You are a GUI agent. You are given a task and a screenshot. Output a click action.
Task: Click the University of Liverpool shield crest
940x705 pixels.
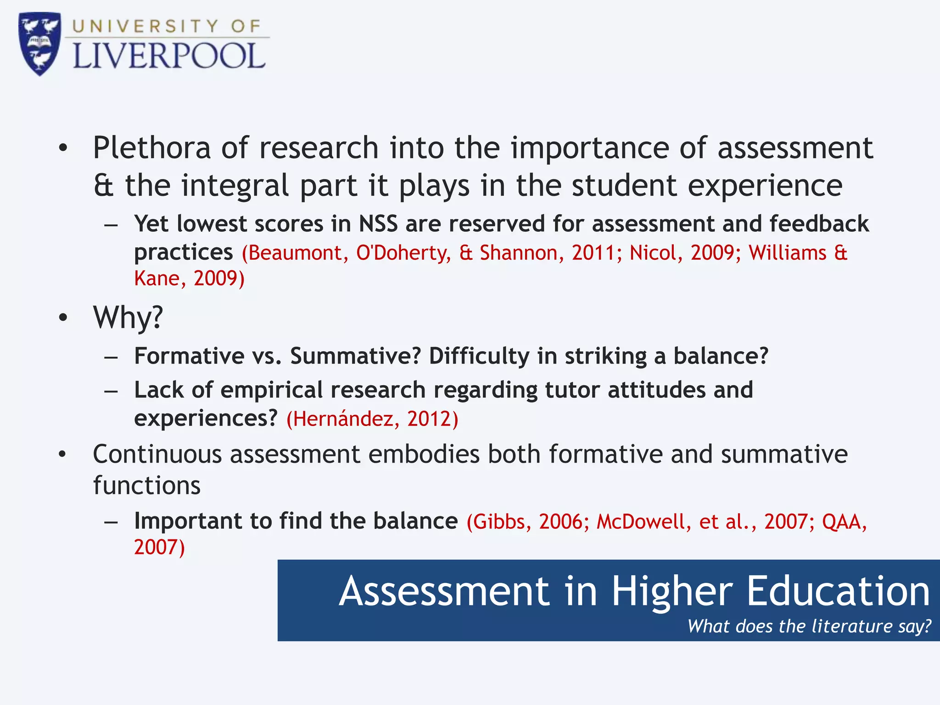(x=39, y=44)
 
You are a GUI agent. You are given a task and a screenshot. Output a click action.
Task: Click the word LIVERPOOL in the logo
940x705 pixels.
(x=169, y=57)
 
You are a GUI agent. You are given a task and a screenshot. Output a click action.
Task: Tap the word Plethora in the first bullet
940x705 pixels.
(x=151, y=148)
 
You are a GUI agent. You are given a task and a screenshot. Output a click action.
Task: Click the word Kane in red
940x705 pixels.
(x=157, y=279)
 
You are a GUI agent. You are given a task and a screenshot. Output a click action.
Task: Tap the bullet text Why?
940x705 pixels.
(x=128, y=317)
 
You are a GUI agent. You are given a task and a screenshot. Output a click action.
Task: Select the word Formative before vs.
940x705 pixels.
(x=189, y=356)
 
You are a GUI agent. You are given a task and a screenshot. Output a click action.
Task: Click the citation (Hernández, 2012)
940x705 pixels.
(x=372, y=419)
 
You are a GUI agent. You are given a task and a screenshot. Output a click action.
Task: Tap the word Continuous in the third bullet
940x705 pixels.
(x=157, y=454)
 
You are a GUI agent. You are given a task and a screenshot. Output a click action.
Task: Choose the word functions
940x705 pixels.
(x=147, y=486)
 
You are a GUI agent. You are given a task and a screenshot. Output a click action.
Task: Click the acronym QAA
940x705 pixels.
(x=842, y=522)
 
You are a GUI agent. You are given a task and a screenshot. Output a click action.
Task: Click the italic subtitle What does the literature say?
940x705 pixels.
(x=809, y=626)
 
